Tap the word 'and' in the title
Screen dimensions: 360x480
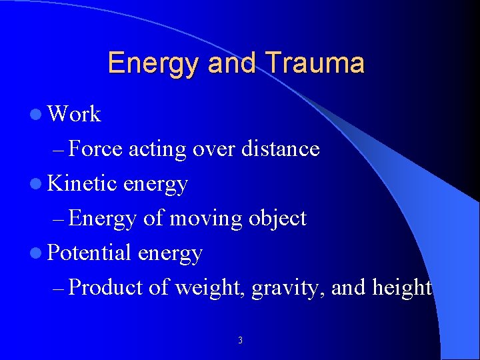point(232,63)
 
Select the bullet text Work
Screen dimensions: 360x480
point(75,115)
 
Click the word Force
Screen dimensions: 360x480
point(95,149)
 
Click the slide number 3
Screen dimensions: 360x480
point(240,341)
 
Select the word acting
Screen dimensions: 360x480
point(157,149)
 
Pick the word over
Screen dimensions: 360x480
point(211,149)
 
